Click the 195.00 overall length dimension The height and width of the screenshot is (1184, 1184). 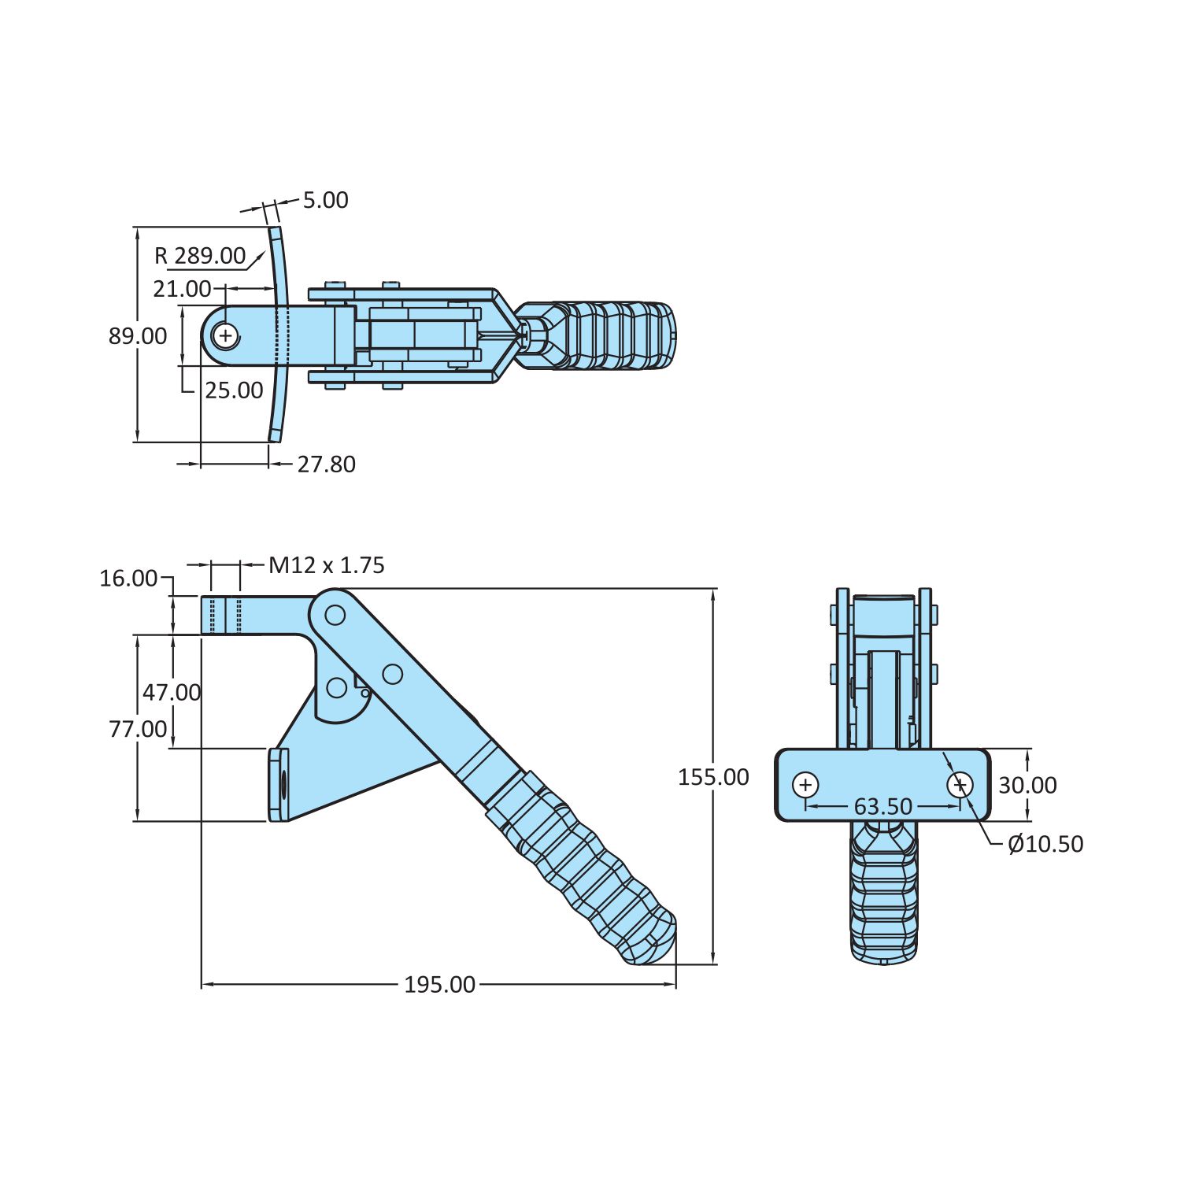(439, 985)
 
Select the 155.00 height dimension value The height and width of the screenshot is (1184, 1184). (713, 777)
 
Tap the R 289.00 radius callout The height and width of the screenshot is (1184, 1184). (200, 256)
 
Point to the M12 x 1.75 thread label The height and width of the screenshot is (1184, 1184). (327, 565)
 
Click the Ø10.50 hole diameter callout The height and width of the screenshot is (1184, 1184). (1045, 844)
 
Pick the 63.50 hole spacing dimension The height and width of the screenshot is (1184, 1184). (882, 807)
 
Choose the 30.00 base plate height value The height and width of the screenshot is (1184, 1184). (1027, 785)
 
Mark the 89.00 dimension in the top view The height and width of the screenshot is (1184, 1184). (138, 336)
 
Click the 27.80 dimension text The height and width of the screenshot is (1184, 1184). (326, 464)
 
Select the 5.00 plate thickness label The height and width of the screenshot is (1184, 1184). (325, 200)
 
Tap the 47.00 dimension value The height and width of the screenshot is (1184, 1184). (172, 693)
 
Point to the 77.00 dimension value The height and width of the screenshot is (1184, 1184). (138, 729)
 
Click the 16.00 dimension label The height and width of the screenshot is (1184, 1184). (128, 579)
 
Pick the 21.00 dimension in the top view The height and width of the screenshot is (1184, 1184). (182, 289)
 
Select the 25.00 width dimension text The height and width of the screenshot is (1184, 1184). (234, 390)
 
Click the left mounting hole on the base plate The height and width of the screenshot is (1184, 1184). (805, 785)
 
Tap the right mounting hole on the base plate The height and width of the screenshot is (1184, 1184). (960, 785)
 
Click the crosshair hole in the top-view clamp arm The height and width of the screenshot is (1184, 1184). (226, 336)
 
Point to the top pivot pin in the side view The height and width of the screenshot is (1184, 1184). (335, 614)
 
